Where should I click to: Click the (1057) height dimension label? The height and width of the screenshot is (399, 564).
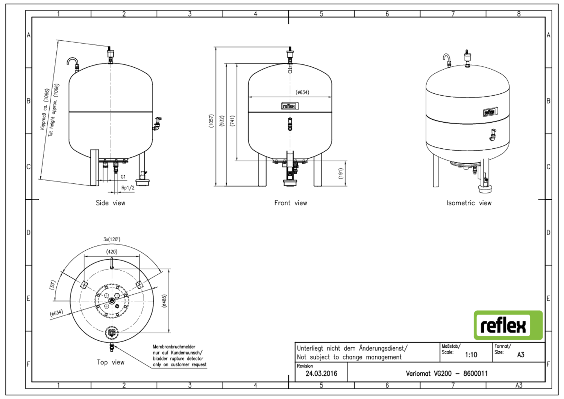[211, 121]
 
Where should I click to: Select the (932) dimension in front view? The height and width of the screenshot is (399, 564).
[222, 121]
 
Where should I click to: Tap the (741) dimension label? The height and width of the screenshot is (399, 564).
[232, 121]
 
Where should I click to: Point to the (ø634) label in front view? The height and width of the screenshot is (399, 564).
[302, 92]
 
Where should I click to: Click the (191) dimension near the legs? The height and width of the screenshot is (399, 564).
[341, 173]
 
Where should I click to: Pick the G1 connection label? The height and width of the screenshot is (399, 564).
[123, 177]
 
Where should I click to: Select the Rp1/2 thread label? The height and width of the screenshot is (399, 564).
[128, 188]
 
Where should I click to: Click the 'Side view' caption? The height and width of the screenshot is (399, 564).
[110, 203]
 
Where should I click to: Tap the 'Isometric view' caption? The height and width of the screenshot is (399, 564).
[469, 203]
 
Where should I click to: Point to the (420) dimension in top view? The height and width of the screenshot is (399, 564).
[112, 252]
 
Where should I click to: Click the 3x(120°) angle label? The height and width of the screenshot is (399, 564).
[112, 239]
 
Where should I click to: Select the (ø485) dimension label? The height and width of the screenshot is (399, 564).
[164, 301]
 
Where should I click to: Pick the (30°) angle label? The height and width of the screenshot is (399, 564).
[52, 285]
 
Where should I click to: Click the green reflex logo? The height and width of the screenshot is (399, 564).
[508, 325]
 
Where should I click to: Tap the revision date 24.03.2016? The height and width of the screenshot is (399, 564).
[321, 373]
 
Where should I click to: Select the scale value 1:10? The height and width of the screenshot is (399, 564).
[471, 355]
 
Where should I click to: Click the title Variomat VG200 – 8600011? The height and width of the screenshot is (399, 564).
[447, 373]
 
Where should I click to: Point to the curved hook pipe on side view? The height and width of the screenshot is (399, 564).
[73, 61]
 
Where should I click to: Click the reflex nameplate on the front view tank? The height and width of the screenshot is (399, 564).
[290, 106]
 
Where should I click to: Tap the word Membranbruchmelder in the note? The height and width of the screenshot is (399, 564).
[174, 347]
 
